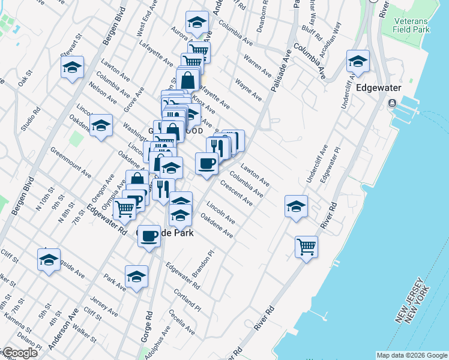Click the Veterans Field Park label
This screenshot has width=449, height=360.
411,25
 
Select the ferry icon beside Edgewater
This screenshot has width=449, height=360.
391,103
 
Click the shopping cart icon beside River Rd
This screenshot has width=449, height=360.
306,246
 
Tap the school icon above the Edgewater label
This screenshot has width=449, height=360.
358,61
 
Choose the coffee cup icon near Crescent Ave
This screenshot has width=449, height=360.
206,163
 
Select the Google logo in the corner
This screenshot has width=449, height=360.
19,353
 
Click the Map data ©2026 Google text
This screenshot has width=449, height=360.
412,355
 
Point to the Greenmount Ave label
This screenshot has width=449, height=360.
71,163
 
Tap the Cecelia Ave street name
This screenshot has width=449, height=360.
181,322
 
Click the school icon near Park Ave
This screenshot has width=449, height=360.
136,277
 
